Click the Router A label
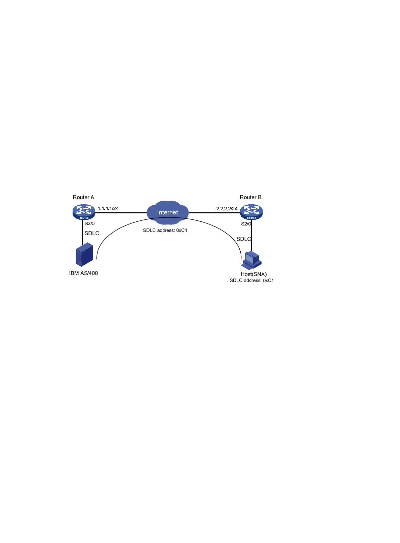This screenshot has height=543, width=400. pyautogui.click(x=83, y=197)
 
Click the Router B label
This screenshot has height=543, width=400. pyautogui.click(x=250, y=197)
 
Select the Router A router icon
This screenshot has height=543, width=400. pyautogui.click(x=84, y=212)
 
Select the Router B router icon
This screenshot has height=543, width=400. pyautogui.click(x=251, y=212)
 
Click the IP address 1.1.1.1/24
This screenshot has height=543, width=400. pyautogui.click(x=108, y=208)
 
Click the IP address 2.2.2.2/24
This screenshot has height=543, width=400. pyautogui.click(x=227, y=209)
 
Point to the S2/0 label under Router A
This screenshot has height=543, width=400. pyautogui.click(x=89, y=223)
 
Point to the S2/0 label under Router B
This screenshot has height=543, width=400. pyautogui.click(x=246, y=224)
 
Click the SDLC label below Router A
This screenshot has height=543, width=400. pyautogui.click(x=92, y=233)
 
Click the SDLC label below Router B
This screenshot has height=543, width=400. pyautogui.click(x=244, y=239)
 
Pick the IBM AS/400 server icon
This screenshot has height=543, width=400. pyautogui.click(x=84, y=254)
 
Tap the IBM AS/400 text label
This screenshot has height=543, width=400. pyautogui.click(x=83, y=273)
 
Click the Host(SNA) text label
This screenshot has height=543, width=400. pyautogui.click(x=253, y=274)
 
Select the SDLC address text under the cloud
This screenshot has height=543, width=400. pyautogui.click(x=165, y=231)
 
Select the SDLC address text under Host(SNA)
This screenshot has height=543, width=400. pyautogui.click(x=251, y=281)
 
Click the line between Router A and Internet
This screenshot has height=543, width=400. pyautogui.click(x=121, y=213)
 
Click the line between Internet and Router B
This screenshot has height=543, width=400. pyautogui.click(x=214, y=213)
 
